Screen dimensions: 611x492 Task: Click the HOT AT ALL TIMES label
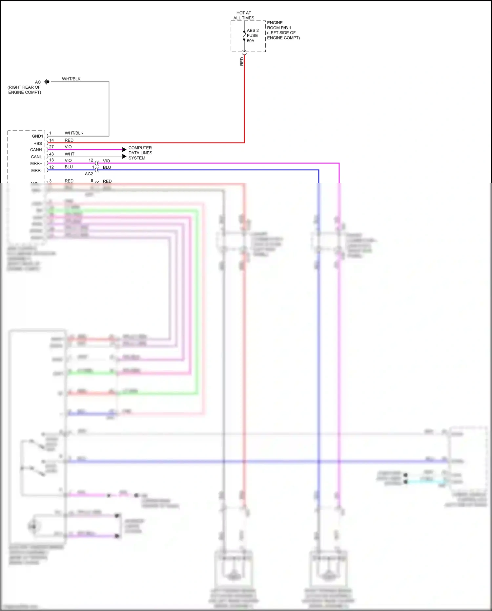point(244,15)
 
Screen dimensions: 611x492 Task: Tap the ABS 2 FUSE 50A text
point(252,35)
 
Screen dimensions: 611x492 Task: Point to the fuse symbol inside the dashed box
point(244,36)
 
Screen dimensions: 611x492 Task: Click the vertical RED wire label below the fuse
point(242,61)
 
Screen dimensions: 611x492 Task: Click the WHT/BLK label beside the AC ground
point(71,79)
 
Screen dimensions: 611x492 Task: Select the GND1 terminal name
point(37,136)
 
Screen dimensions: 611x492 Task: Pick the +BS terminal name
point(38,143)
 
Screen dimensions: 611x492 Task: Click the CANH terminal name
point(36,150)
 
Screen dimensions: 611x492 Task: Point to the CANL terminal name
point(36,157)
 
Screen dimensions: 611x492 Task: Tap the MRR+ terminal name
point(36,164)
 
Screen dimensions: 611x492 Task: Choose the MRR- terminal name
point(36,170)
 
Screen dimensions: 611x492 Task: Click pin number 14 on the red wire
point(51,140)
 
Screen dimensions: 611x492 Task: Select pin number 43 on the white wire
point(51,154)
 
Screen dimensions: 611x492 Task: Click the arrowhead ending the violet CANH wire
point(124,150)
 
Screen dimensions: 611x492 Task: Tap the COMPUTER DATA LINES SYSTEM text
point(140,153)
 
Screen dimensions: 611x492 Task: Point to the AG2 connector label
point(89,174)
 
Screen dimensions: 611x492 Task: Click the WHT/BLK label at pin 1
point(74,133)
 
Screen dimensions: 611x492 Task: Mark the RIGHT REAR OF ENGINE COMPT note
point(24,90)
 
